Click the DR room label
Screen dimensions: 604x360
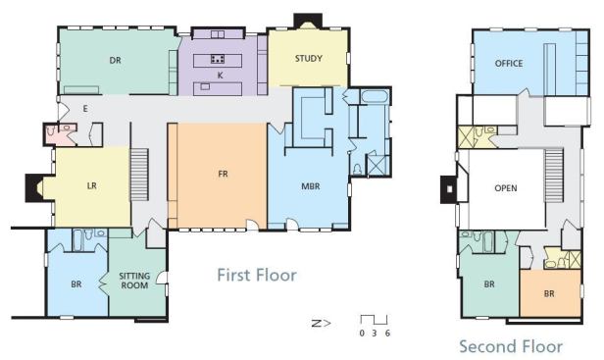coord(115,60)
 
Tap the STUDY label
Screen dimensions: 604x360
coord(309,59)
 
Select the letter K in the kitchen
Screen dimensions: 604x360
coord(221,76)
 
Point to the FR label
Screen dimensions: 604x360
coord(223,174)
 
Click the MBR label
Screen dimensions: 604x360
coord(311,186)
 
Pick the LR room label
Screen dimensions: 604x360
coord(92,186)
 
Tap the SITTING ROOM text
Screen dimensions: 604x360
coord(134,281)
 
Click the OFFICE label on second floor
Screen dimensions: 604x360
coord(509,63)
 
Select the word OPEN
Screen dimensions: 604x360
coord(506,188)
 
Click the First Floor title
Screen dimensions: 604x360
coord(257,276)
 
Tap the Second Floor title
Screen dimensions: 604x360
coord(511,346)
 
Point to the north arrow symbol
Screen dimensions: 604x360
coord(321,323)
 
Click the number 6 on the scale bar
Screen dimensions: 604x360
coord(387,333)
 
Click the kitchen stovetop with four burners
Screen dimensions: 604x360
coord(218,59)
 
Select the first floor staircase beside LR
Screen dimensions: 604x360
coord(139,175)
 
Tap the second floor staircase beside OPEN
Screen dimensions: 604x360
coord(554,175)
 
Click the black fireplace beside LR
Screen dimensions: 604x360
coord(34,187)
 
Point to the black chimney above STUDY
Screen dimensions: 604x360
coord(308,21)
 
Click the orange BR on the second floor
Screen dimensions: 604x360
coord(549,293)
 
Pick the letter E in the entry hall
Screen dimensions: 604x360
coord(85,109)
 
